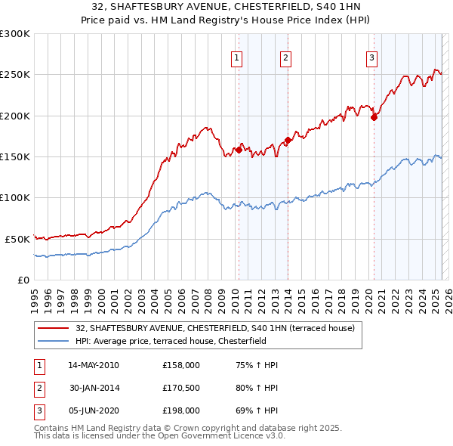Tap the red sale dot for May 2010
click(239, 150)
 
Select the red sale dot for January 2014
click(288, 140)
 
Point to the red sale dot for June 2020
click(374, 117)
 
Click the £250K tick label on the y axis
click(15, 75)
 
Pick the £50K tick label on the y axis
click(17, 239)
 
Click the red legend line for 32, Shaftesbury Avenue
click(54, 329)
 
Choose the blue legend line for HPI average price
click(54, 341)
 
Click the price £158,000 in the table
click(180, 365)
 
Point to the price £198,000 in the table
click(180, 410)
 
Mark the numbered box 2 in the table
click(39, 388)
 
